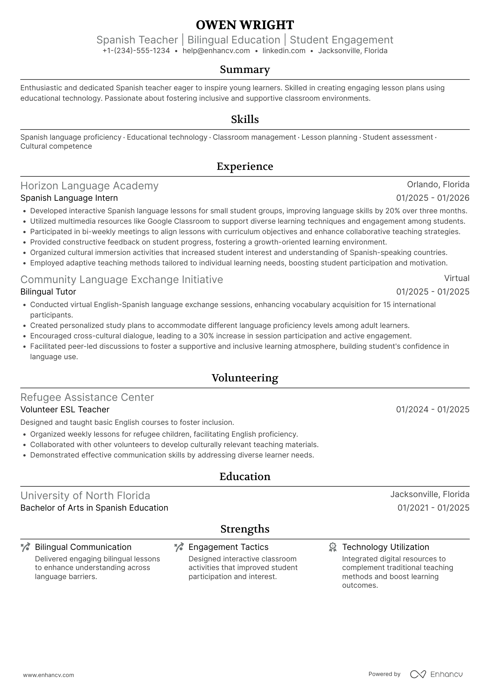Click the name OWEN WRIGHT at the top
pos(245,25)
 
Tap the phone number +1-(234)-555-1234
pos(136,51)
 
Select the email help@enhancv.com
pos(216,51)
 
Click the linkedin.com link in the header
pos(284,51)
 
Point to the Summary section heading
pos(245,69)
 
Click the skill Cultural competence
pos(56,146)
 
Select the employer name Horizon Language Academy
pos(89,186)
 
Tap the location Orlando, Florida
pos(438,184)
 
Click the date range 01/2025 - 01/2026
pos(433,198)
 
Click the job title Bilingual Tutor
pos(48,292)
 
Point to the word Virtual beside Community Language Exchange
pos(457,278)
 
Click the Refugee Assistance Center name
pos(87,397)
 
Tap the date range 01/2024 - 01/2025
pos(433,410)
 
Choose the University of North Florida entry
pos(85,496)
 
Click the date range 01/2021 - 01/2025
pos(433,508)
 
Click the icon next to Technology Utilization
pos(333,547)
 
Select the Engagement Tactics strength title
pos(228,547)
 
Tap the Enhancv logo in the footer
pos(436,674)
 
